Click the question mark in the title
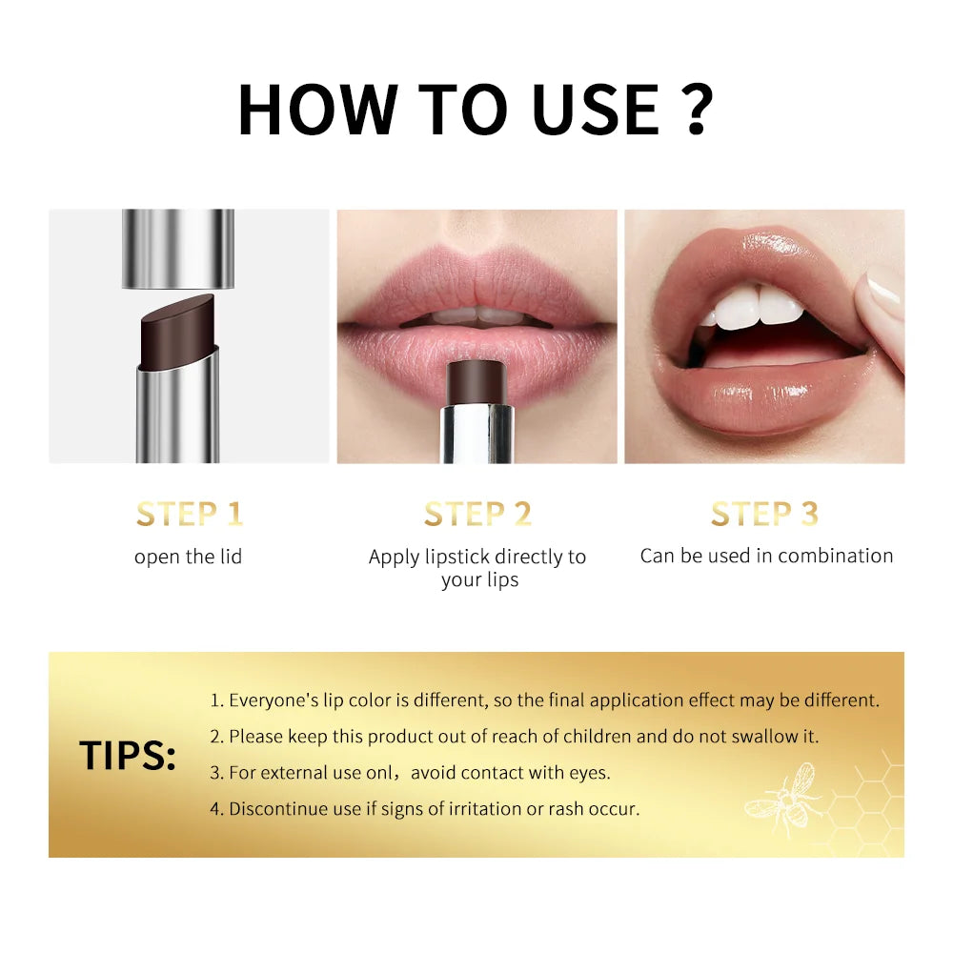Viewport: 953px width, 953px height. click(x=699, y=108)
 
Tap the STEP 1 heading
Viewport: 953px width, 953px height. click(x=189, y=514)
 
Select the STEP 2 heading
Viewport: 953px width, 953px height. click(x=477, y=514)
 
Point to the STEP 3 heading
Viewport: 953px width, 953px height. click(x=764, y=514)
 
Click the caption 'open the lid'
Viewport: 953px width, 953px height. click(x=188, y=557)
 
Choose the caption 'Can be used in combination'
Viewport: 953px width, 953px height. click(x=766, y=556)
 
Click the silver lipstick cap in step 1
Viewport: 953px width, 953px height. click(x=178, y=248)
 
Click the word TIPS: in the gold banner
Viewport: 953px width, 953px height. click(x=128, y=756)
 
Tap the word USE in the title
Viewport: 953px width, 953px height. click(x=596, y=108)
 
